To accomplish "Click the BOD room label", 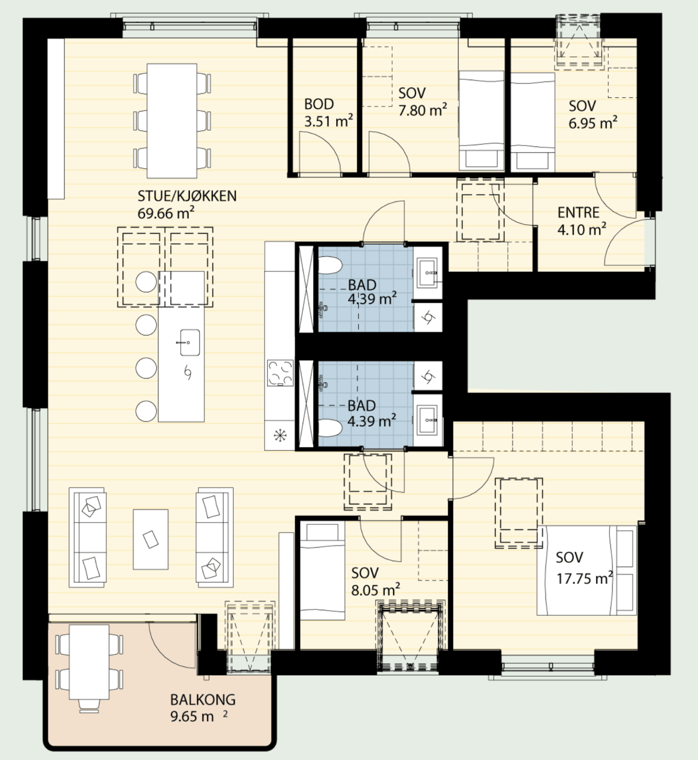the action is pos(319,104).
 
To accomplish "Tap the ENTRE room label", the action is pos(578,213).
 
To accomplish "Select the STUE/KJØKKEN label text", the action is pos(187,196).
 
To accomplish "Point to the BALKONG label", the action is pos(203,700).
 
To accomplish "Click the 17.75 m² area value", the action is pos(585,578).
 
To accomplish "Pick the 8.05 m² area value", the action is pos(376,591).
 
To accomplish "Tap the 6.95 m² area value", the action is pos(593,123).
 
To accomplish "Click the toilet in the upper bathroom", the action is pos(330,265).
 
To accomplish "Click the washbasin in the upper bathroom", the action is pos(429,273).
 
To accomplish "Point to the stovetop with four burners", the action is pos(280,373).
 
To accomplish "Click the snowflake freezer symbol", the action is pos(280,435).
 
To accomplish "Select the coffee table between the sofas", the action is pos(151,539).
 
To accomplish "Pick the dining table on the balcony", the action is pos(89,662).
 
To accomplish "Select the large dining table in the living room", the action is pos(172,121).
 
